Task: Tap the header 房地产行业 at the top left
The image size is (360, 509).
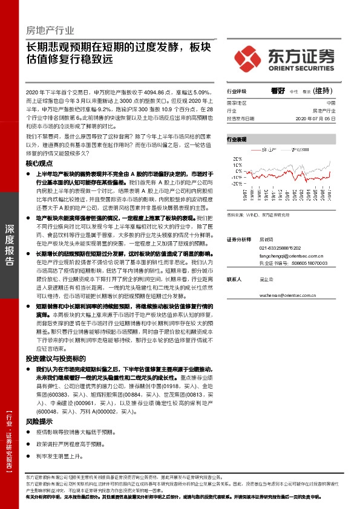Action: [50, 30]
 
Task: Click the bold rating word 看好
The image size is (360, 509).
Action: [278, 91]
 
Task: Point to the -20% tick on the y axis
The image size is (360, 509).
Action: [231, 192]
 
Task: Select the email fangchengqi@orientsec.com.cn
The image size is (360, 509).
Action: [293, 256]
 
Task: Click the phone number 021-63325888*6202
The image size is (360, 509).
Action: [284, 248]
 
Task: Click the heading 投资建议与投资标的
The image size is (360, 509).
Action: [58, 358]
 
